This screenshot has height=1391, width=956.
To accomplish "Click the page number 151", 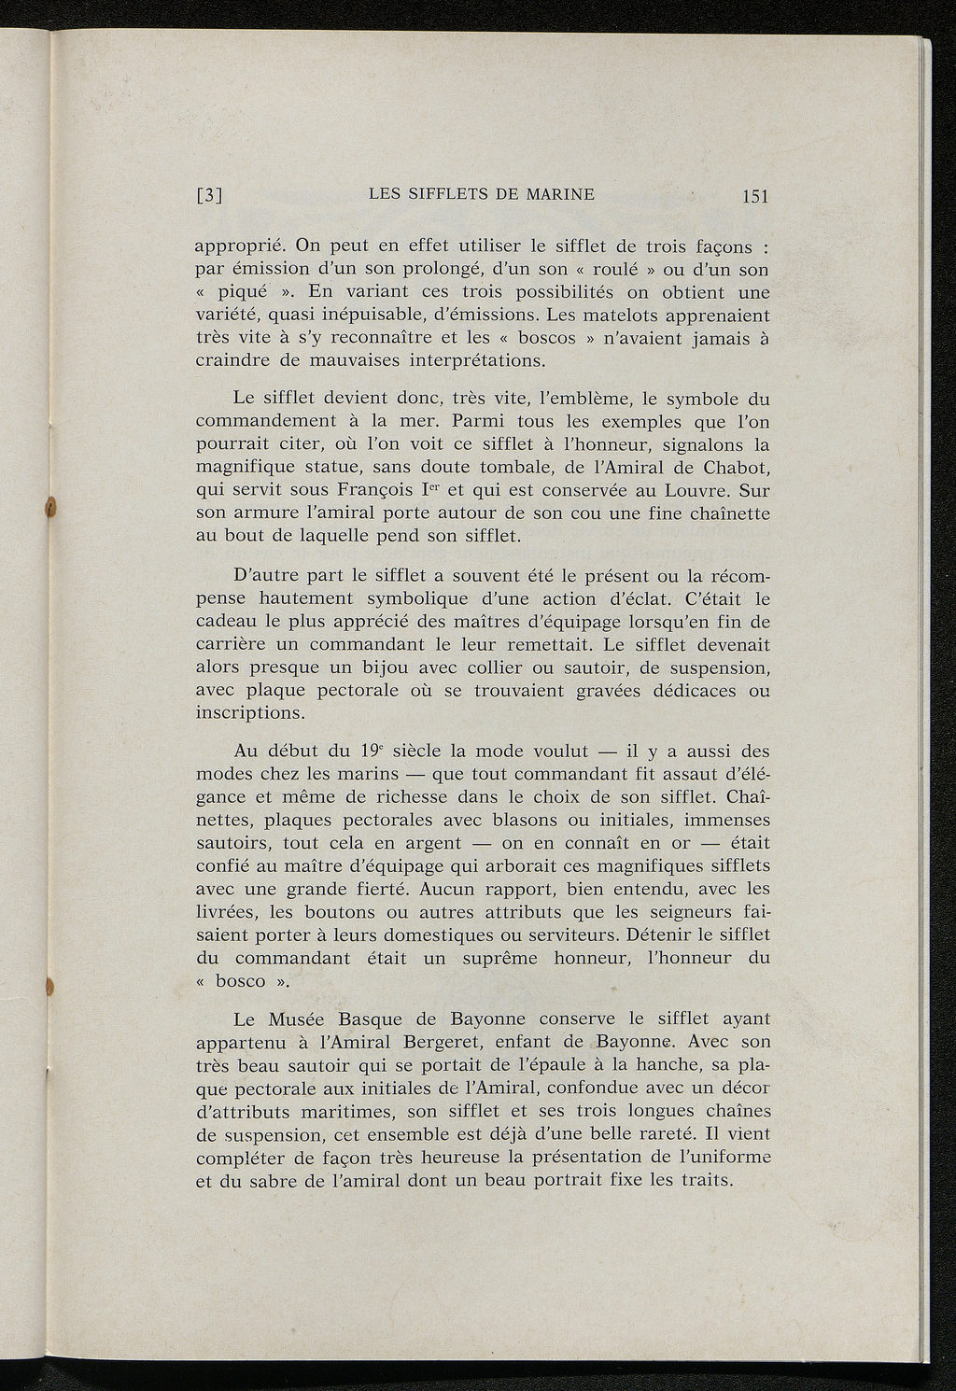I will [752, 196].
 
